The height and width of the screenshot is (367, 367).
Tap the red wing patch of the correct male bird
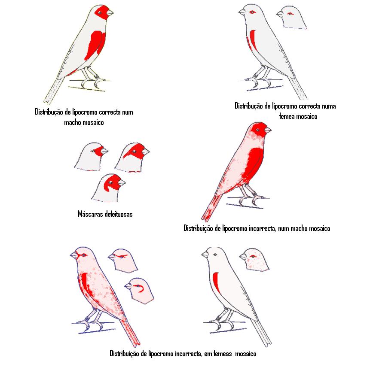pos(95,45)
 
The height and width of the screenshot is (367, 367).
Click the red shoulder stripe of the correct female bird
pos(253,40)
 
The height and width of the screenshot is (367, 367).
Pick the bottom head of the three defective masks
pos(108,188)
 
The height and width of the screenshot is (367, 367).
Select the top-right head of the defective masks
pos(132,157)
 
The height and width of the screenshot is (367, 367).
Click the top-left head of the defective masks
pos(91,156)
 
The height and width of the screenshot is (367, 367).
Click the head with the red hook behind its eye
pos(139,291)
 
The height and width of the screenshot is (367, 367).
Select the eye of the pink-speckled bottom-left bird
pos(84,255)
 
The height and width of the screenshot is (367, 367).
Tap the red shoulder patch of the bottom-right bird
pos(217,282)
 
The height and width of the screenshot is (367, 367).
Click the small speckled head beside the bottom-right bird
pos(254,260)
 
